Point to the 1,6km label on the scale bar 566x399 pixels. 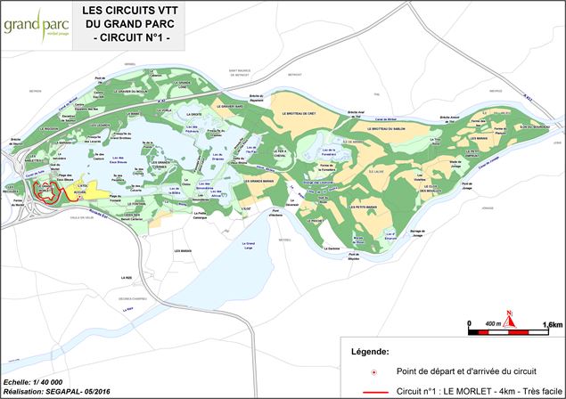(x=552, y=325)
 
